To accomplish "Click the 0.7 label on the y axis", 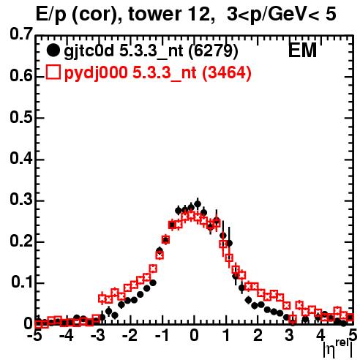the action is click(21, 34).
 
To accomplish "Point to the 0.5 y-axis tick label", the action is click(21, 118).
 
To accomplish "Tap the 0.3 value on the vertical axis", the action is click(21, 199).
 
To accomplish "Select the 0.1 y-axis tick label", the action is click(21, 282).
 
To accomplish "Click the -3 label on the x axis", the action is click(97, 335).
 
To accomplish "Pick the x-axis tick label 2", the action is click(258, 335).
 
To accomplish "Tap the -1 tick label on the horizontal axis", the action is click(162, 335).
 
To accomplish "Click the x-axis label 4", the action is click(320, 335).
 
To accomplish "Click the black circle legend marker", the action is click(53, 50).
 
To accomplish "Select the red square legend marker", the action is click(53, 72).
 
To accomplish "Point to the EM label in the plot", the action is click(302, 50).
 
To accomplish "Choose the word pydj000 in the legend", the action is click(96, 73).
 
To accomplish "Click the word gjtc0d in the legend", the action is click(89, 51).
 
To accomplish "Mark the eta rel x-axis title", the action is click(338, 348).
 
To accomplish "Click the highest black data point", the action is click(198, 204).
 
